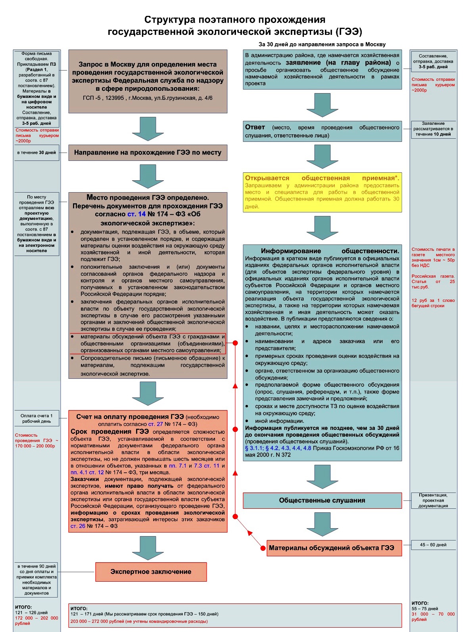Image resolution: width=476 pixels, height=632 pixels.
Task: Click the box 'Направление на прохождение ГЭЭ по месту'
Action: (x=148, y=153)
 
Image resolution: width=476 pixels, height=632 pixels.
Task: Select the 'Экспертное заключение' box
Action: (x=151, y=572)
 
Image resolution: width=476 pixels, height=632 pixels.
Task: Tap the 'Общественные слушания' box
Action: (x=322, y=500)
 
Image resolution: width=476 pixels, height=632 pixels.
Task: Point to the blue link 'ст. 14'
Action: (x=136, y=214)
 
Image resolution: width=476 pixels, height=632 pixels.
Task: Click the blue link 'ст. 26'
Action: (x=78, y=526)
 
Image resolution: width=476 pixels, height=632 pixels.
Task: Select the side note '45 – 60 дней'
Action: (x=433, y=545)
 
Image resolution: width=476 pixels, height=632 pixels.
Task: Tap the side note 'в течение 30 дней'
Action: (x=36, y=153)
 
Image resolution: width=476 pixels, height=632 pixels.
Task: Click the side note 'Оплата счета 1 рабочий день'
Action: (x=36, y=418)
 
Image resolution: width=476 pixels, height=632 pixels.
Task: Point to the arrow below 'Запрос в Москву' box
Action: (x=148, y=129)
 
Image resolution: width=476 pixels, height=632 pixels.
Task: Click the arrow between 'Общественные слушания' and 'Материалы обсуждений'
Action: (x=322, y=524)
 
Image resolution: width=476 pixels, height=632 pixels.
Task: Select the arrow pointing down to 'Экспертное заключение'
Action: (x=148, y=548)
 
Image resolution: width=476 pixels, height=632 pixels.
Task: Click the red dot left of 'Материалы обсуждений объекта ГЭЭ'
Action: (x=263, y=548)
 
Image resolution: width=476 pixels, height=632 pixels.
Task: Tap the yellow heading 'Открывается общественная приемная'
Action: (x=322, y=178)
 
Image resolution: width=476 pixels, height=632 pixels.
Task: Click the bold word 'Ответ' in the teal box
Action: (x=255, y=127)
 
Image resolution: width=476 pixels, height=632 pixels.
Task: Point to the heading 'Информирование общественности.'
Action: (x=330, y=251)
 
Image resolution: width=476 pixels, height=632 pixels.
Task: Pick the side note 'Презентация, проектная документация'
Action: (x=433, y=500)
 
